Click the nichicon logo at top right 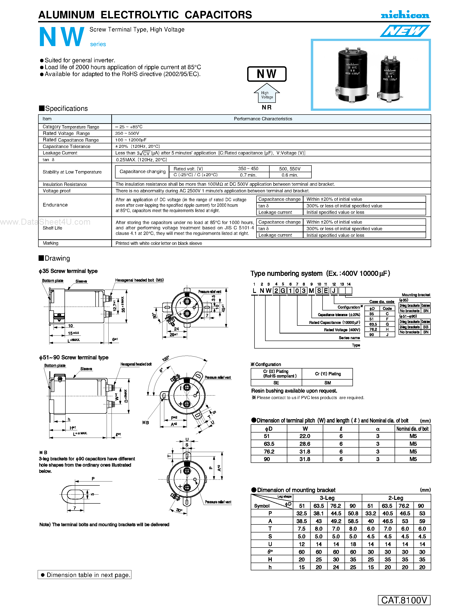pos(405,15)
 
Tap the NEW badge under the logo pos(405,31)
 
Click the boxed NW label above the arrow pos(266,74)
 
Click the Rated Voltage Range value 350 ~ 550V pos(127,133)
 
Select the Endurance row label pos(55,205)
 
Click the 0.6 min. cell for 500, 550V pos(290,175)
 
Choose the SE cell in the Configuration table pos(276,383)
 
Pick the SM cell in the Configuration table pos(327,383)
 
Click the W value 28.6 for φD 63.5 pos(305,444)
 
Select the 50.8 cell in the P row pos(353,513)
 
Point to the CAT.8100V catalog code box pos(404,600)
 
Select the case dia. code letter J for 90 pos(387,335)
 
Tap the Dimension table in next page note pos(85,575)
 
